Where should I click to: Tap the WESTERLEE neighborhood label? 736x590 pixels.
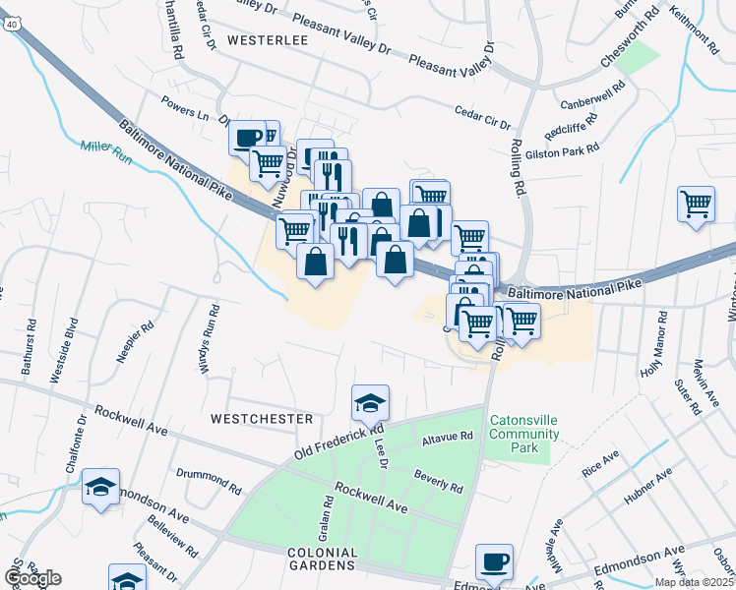pyautogui.click(x=268, y=40)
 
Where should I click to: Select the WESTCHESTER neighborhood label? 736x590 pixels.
pyautogui.click(x=262, y=419)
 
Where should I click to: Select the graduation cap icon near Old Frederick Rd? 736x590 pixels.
pyautogui.click(x=371, y=403)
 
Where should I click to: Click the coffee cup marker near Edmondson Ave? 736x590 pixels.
pyautogui.click(x=494, y=561)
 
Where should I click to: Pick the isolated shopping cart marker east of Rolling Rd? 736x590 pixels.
pyautogui.click(x=696, y=205)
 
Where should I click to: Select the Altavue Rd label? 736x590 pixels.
pyautogui.click(x=448, y=436)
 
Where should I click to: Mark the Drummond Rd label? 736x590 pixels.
pyautogui.click(x=209, y=480)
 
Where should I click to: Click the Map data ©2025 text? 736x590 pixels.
pyautogui.click(x=695, y=582)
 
